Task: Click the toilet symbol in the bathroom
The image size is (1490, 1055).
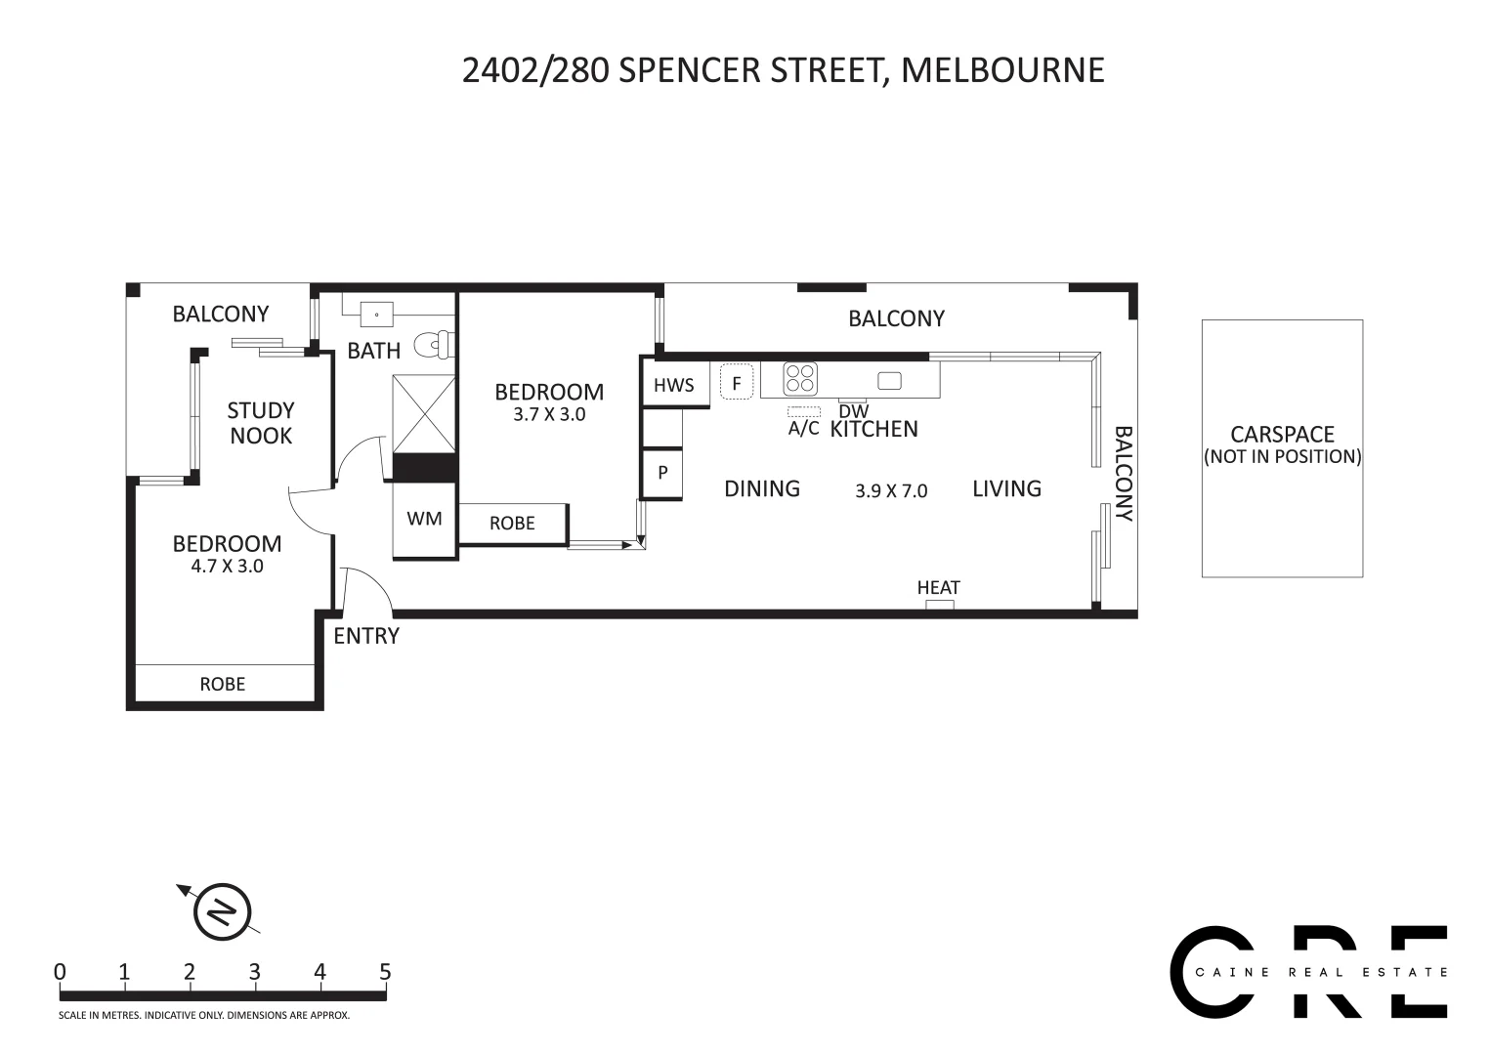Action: (x=433, y=345)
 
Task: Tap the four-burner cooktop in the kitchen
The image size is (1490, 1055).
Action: (x=800, y=378)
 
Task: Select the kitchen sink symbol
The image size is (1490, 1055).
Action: (x=889, y=380)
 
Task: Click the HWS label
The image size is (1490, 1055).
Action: (x=674, y=385)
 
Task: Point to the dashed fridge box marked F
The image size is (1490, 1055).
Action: (x=737, y=382)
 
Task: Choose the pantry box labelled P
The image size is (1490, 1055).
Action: (x=662, y=473)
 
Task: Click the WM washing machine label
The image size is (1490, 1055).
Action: (x=424, y=519)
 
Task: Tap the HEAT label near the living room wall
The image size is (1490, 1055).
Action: (x=938, y=587)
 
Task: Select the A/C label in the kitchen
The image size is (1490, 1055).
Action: (x=803, y=428)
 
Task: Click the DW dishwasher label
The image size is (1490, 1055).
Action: (x=853, y=412)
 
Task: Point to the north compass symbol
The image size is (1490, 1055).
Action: (x=223, y=912)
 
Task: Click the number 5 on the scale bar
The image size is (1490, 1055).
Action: (x=385, y=972)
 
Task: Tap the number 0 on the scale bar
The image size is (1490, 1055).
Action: (x=61, y=972)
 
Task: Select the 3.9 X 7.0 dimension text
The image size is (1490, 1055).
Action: (x=890, y=491)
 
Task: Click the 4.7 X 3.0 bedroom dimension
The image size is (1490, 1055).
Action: (x=227, y=566)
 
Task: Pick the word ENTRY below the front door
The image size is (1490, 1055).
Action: (x=366, y=636)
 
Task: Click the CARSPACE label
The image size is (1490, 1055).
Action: (x=1282, y=435)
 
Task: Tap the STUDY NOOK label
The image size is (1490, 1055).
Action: (x=261, y=423)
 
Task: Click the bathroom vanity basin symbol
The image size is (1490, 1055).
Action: (x=377, y=315)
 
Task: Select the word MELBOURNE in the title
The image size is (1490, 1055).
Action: (x=1002, y=70)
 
